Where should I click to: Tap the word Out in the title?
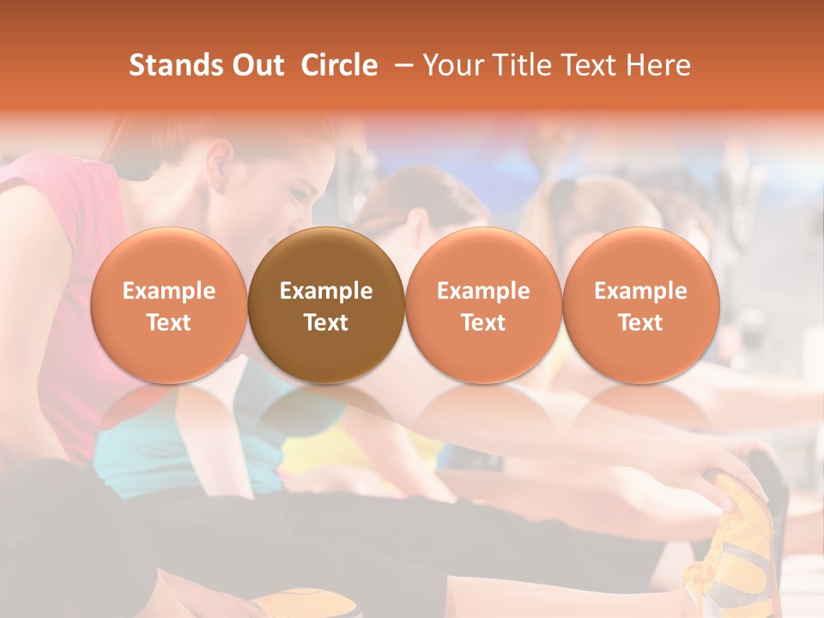pyautogui.click(x=257, y=65)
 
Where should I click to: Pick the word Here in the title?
pyautogui.click(x=658, y=65)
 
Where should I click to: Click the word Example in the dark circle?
pyautogui.click(x=326, y=291)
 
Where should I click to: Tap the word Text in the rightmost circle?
pyautogui.click(x=640, y=323)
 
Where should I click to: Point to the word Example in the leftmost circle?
pyautogui.click(x=168, y=291)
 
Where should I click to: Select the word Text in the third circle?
pyautogui.click(x=483, y=323)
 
